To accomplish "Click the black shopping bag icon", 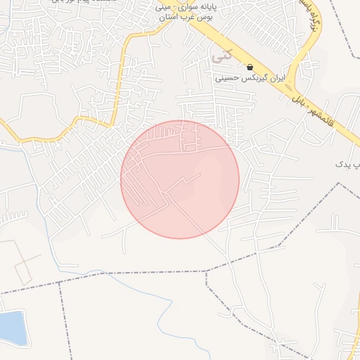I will coord(250,67).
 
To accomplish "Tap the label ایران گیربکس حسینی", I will coord(250,78).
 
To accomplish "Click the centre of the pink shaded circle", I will coord(180,179).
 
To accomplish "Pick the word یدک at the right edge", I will coord(342,164).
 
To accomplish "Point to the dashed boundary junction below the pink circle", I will coord(206,271).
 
